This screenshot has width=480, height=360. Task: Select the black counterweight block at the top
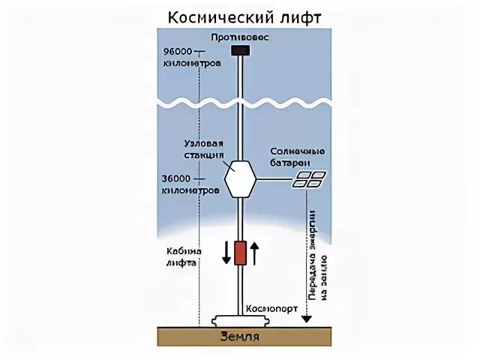pyautogui.click(x=240, y=50)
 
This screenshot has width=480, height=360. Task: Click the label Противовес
pyautogui.click(x=240, y=36)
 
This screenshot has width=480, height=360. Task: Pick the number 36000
pyautogui.click(x=178, y=179)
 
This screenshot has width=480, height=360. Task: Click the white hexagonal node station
pyautogui.click(x=240, y=179)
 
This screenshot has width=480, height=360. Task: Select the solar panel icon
pyautogui.click(x=309, y=179)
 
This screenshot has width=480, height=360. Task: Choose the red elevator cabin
pyautogui.click(x=240, y=253)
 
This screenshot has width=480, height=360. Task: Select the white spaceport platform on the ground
pyautogui.click(x=240, y=320)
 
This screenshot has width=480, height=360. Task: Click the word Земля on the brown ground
pyautogui.click(x=240, y=337)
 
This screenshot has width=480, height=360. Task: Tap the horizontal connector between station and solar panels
pyautogui.click(x=274, y=180)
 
